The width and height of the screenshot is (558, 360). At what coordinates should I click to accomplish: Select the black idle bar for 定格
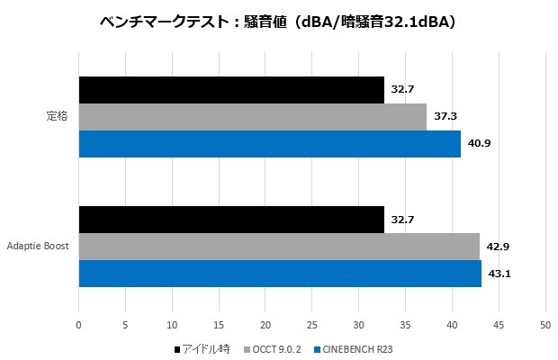click(231, 90)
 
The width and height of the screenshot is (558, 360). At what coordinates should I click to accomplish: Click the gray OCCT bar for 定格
click(252, 117)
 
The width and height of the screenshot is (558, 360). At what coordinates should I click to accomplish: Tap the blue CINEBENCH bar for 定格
click(269, 144)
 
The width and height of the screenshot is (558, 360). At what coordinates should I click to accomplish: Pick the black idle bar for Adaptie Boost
click(231, 220)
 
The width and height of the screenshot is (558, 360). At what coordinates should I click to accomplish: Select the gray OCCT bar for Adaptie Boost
click(279, 247)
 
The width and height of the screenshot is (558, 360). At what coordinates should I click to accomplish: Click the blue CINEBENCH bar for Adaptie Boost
click(280, 274)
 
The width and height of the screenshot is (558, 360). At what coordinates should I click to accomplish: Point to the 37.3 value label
click(445, 117)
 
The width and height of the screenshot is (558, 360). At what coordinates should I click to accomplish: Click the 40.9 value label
click(478, 144)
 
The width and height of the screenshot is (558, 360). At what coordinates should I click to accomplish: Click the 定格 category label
click(58, 117)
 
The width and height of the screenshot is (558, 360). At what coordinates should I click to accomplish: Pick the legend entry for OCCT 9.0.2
click(269, 348)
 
